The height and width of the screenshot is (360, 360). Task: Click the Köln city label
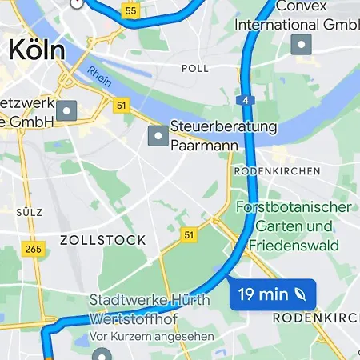pyautogui.click(x=36, y=50)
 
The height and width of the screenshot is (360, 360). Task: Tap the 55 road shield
pyautogui.click(x=130, y=11)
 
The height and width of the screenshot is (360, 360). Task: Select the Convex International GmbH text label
pyautogui.click(x=296, y=16)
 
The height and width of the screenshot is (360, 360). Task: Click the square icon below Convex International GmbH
pyautogui.click(x=302, y=43)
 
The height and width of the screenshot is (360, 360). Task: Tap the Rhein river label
pyautogui.click(x=100, y=78)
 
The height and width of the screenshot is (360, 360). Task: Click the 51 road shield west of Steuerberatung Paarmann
pyautogui.click(x=121, y=105)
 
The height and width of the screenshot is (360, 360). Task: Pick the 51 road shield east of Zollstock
pyautogui.click(x=189, y=234)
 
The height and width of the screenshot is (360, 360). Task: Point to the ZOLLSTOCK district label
pyautogui.click(x=103, y=240)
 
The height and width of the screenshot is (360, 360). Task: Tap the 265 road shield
pyautogui.click(x=33, y=250)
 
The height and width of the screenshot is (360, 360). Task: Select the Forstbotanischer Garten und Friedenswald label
pyautogui.click(x=294, y=226)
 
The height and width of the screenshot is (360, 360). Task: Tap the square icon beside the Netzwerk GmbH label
pyautogui.click(x=66, y=110)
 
